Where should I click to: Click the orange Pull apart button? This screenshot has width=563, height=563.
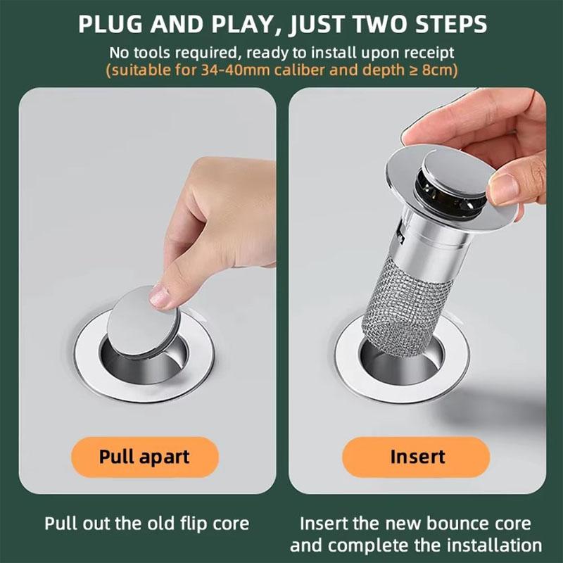coord(144,456)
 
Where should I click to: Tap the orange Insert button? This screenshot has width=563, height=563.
coord(417,456)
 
